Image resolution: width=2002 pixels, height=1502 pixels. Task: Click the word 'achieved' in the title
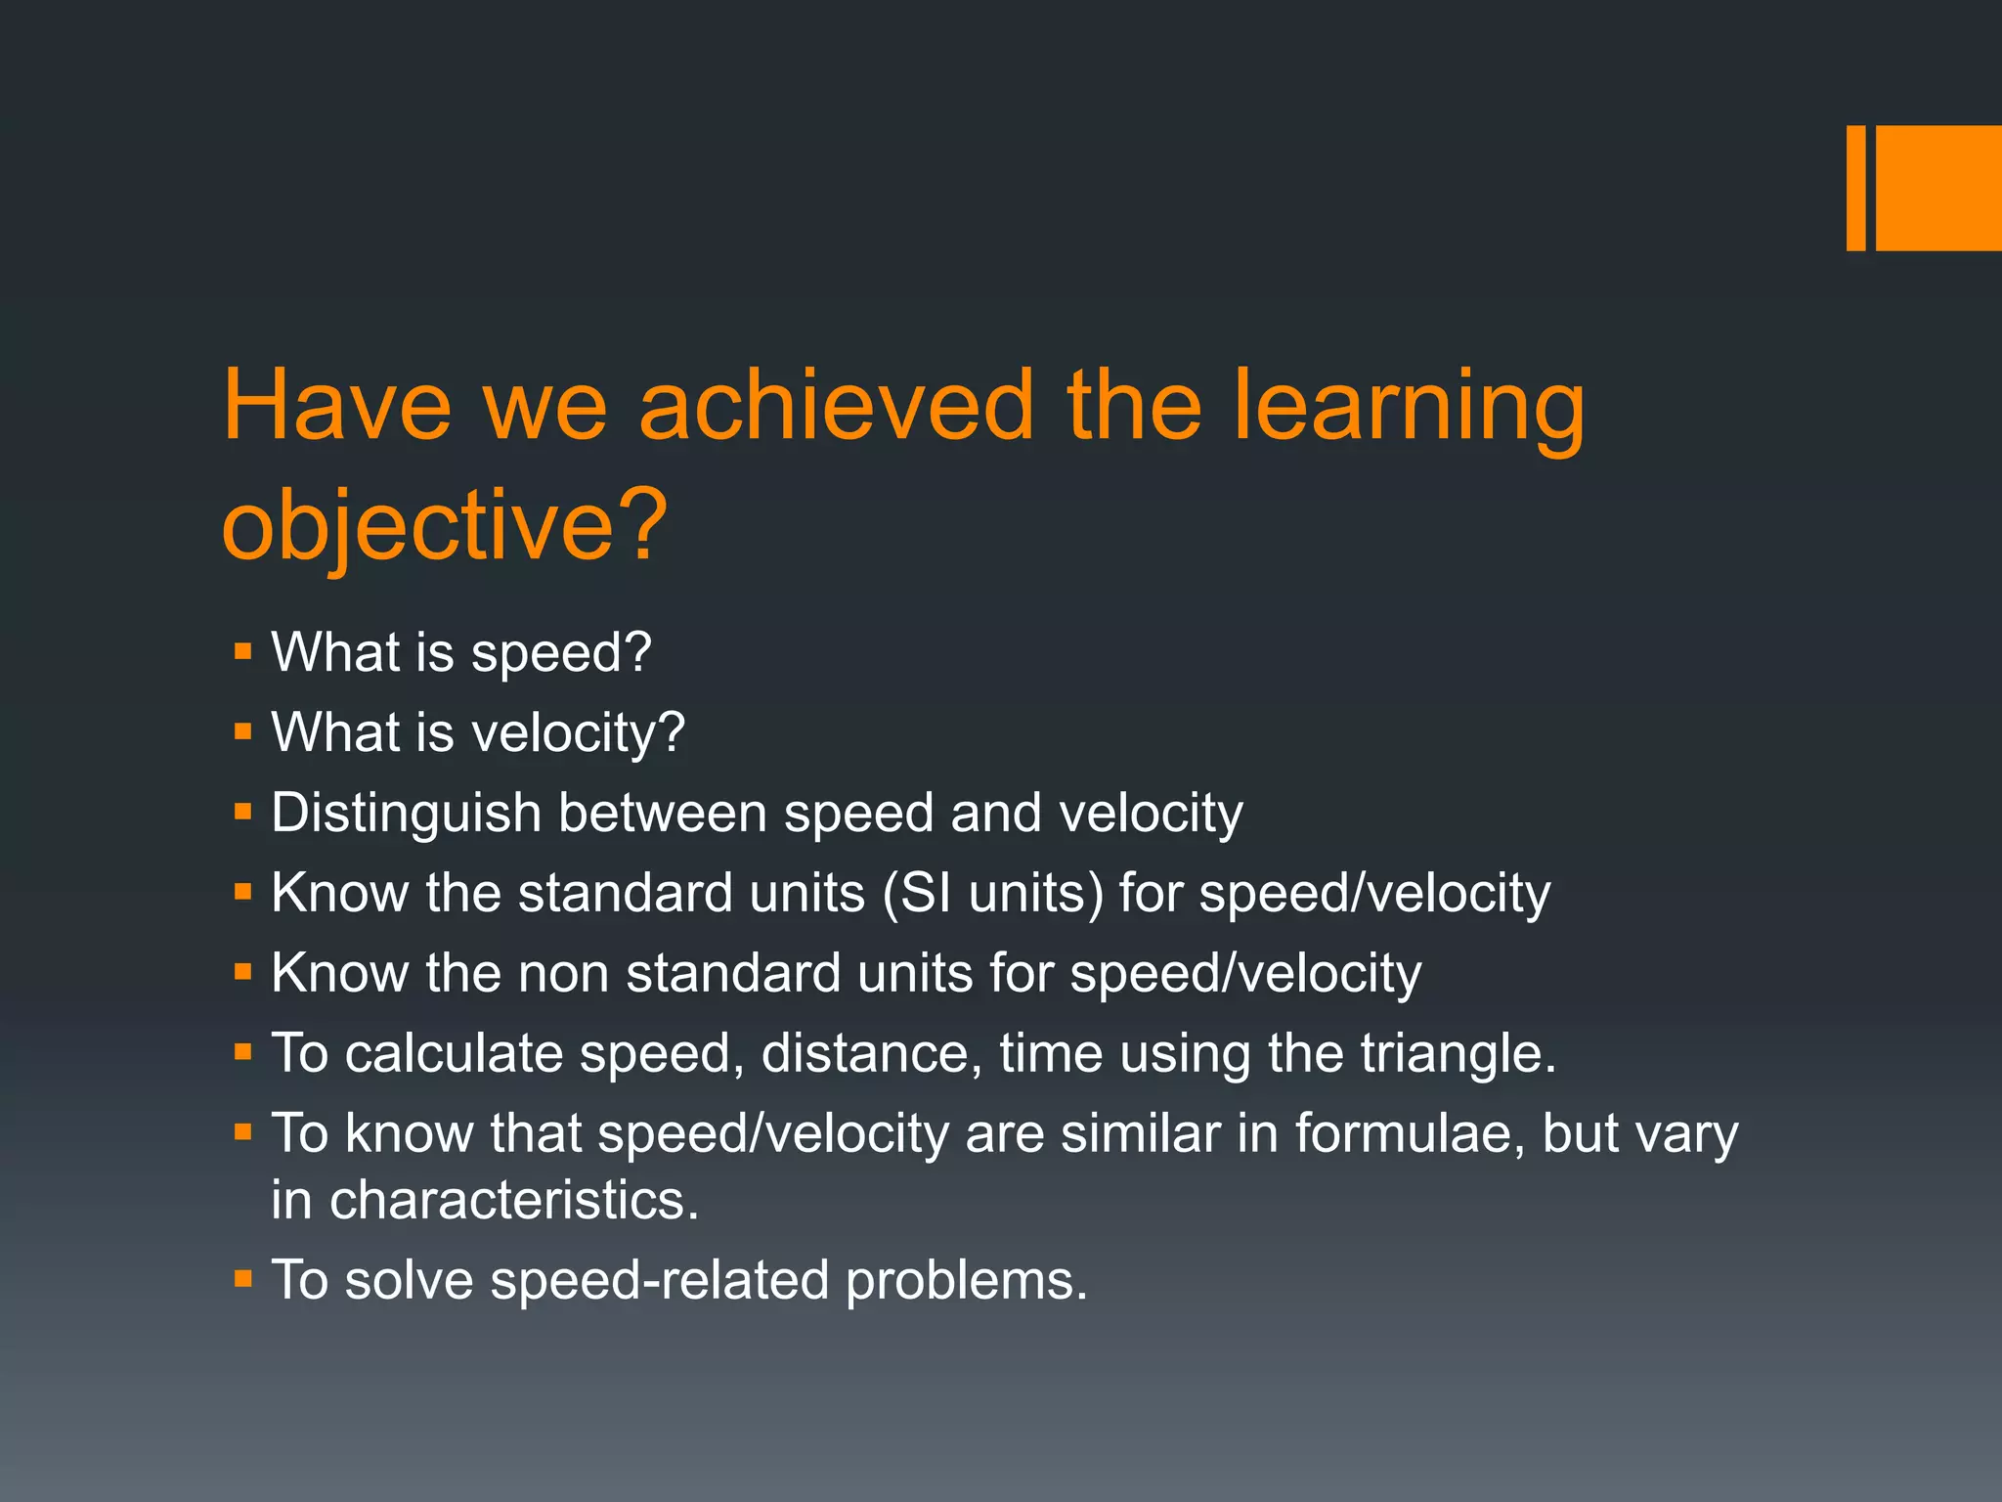pyautogui.click(x=836, y=405)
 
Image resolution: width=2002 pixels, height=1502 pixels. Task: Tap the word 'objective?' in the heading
pyautogui.click(x=445, y=525)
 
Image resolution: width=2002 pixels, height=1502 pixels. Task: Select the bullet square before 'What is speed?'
pyautogui.click(x=243, y=651)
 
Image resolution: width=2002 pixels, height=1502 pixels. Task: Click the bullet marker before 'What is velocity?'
pyautogui.click(x=243, y=731)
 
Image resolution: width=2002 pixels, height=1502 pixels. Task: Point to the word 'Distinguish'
pyautogui.click(x=406, y=814)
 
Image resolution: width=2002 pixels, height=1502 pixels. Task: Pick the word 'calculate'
pyautogui.click(x=454, y=1054)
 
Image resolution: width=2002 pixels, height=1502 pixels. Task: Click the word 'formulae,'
pyautogui.click(x=1409, y=1134)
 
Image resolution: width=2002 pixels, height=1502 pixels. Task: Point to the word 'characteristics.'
pyautogui.click(x=485, y=1201)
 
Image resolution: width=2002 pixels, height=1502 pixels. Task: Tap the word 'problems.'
pyautogui.click(x=966, y=1281)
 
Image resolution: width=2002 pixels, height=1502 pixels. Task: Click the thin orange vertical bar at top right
pyautogui.click(x=1855, y=188)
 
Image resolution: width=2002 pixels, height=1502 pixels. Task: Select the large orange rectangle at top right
pyautogui.click(x=1938, y=188)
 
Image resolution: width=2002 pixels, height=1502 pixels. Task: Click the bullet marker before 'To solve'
pyautogui.click(x=243, y=1279)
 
